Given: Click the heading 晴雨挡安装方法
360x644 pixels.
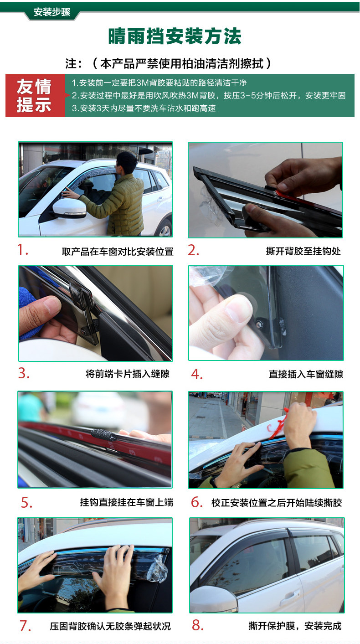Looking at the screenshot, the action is coord(175,36).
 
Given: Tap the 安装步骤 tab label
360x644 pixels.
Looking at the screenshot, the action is coord(52,12).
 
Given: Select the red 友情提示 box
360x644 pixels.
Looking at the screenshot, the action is coord(36,95).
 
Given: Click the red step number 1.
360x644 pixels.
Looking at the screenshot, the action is coord(22,250).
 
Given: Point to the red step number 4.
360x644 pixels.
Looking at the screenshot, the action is coord(197,374).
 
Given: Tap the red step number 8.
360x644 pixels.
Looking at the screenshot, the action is coord(197,625).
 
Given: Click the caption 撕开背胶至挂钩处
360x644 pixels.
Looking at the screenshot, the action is coord(303,251).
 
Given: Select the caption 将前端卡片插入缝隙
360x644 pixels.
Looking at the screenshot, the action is coord(128,374).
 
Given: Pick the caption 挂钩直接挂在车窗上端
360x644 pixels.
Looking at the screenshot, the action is coord(127,502).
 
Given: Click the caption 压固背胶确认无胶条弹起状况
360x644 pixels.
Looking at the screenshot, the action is coord(110,626).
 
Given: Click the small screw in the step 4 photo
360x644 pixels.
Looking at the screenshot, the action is coord(260,324).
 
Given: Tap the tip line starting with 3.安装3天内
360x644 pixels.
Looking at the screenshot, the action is coord(144,108).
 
